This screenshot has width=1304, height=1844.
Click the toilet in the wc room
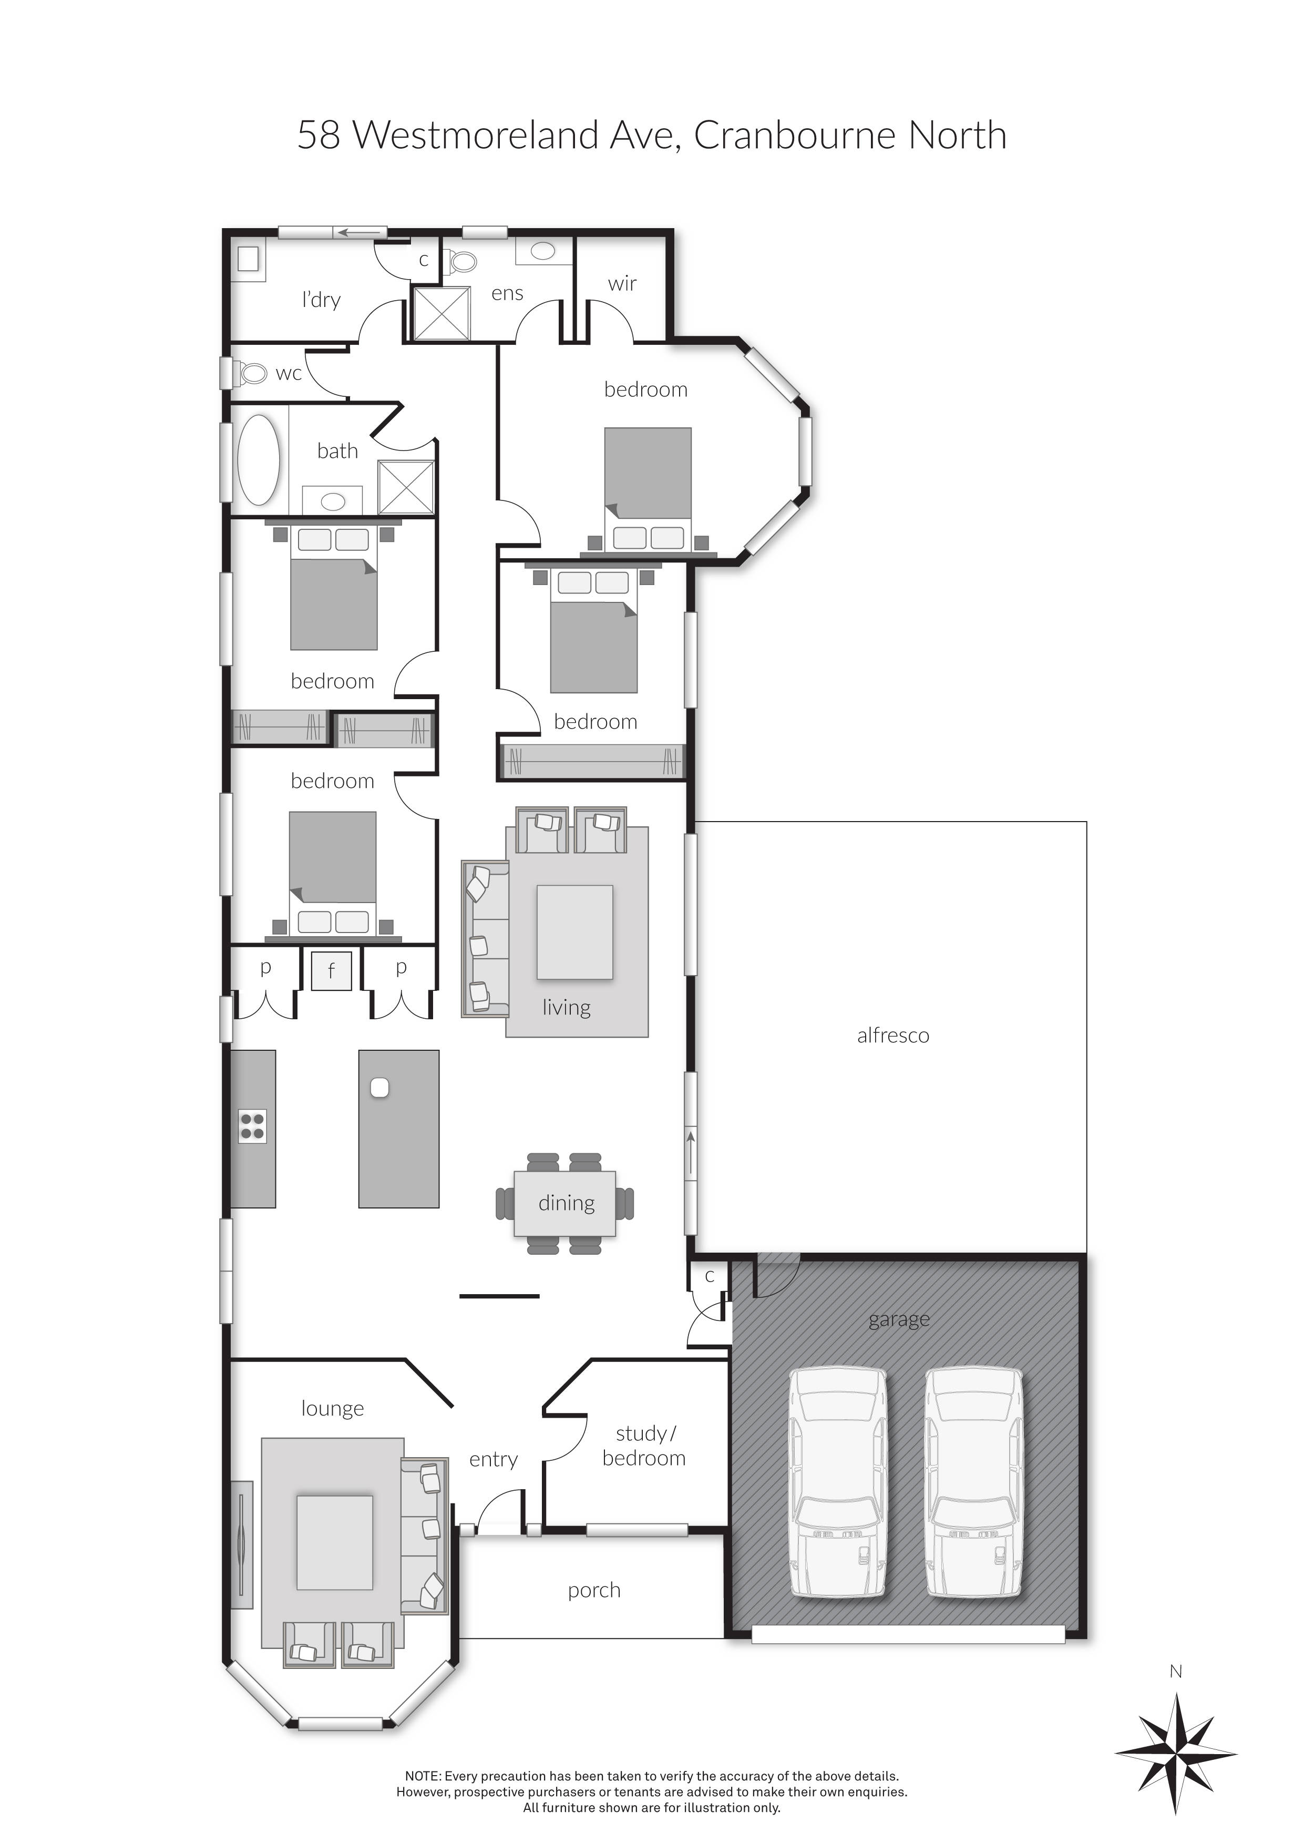(251, 373)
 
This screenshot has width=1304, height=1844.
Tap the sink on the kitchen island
(380, 1088)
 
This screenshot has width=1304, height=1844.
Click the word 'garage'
(899, 1319)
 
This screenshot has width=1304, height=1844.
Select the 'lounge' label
(332, 1409)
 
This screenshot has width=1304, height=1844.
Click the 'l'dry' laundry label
(321, 300)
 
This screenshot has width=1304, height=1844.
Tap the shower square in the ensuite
(441, 313)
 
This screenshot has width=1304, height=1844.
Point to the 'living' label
(566, 1007)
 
